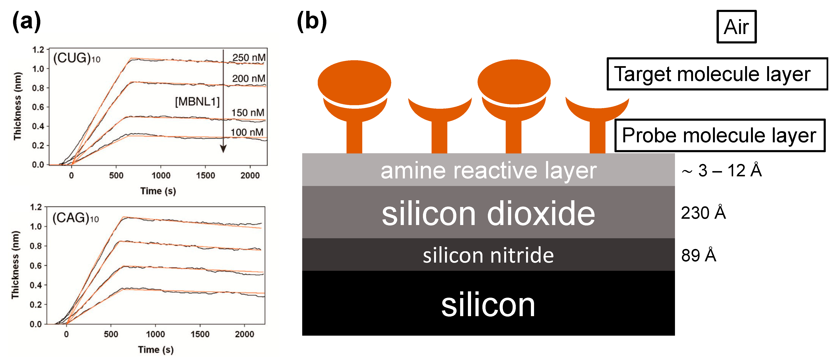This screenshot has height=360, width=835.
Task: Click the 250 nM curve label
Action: coord(249,58)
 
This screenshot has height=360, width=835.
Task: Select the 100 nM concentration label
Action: coord(247,132)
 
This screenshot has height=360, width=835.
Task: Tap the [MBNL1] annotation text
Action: coord(197,102)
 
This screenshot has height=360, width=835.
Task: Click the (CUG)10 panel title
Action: coord(77,58)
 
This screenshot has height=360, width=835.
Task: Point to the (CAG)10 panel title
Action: coord(76,218)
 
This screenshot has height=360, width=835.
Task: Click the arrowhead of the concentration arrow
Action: coord(223,149)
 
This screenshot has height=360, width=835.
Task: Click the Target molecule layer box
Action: coord(717,74)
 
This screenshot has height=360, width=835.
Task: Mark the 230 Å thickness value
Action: coord(703,213)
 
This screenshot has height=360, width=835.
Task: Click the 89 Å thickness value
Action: coord(698,255)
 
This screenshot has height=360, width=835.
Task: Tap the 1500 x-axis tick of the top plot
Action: coord(206,176)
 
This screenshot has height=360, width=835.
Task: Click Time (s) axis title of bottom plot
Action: coord(156,350)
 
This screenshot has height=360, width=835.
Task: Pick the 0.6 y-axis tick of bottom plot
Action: coord(36,266)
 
